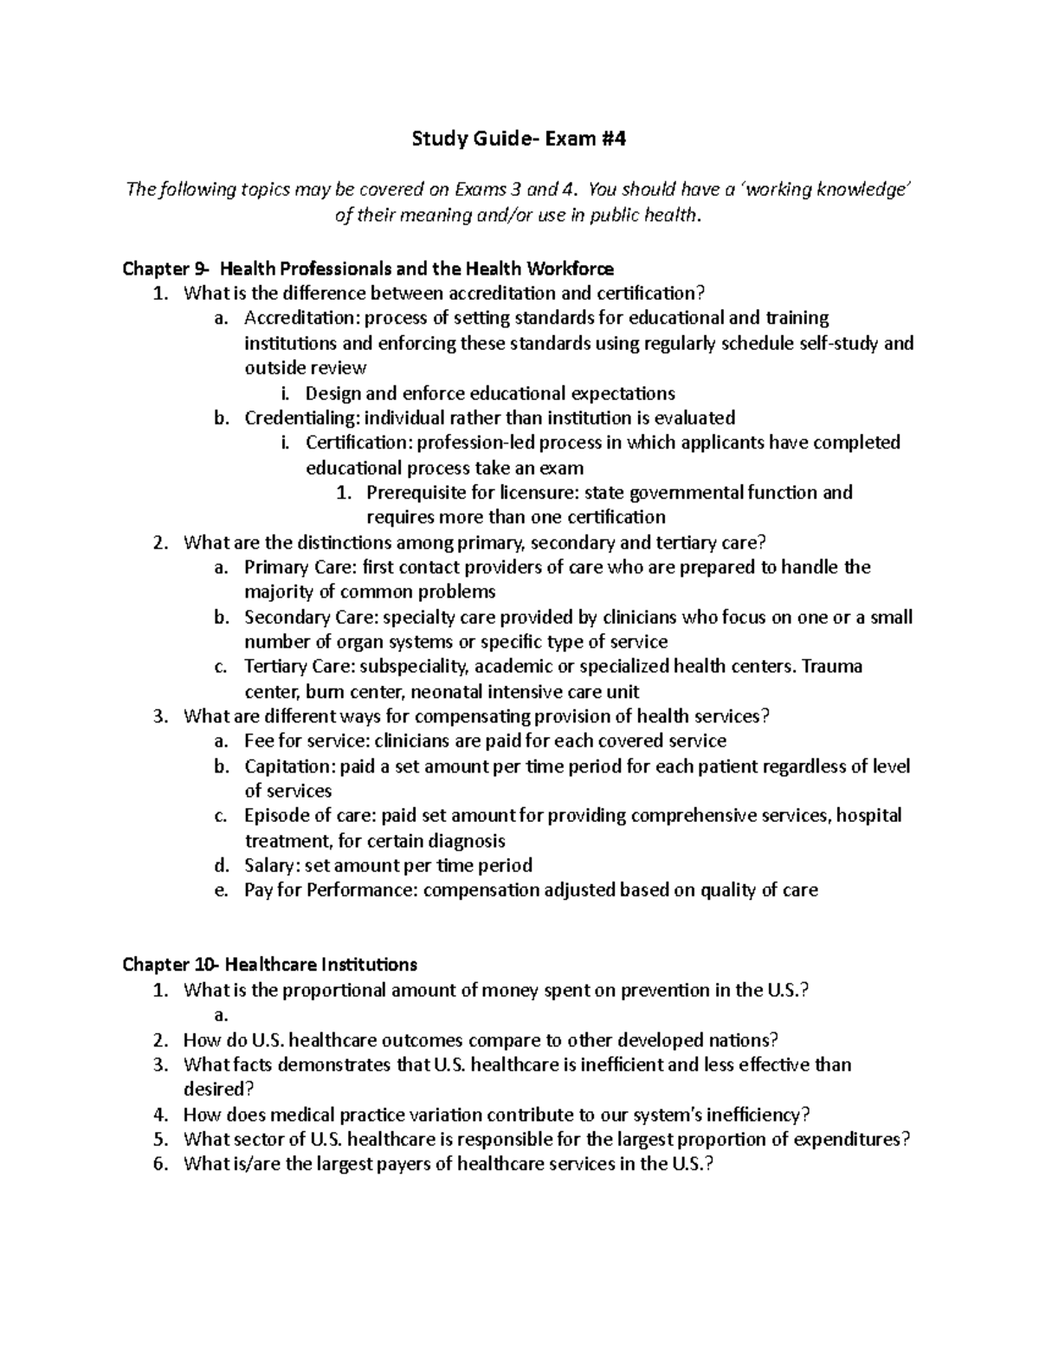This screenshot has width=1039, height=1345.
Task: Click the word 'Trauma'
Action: point(833,667)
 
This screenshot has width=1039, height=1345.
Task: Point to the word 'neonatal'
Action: point(447,692)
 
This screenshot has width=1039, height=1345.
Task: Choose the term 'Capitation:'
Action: point(290,766)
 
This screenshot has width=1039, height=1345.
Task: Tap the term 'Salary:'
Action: point(272,865)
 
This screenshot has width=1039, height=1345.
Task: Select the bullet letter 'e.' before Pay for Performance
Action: point(221,890)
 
